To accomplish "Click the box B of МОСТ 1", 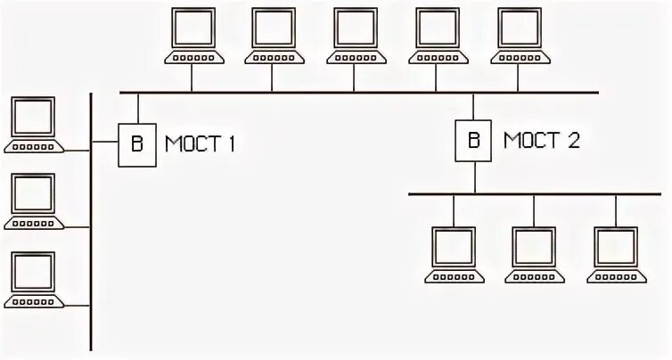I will pos(136,143).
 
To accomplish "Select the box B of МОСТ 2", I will pos(473,139).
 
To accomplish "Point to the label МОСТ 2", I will pos(542,139).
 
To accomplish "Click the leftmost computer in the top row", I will pos(192,37).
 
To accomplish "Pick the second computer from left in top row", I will pos(274,37).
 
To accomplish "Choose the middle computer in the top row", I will pos(355,37).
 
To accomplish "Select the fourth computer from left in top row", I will pos(437,37).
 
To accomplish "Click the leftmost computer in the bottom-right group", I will pos(454,254).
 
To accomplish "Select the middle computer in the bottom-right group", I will pos(535,254).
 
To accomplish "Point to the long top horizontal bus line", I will pos(356,92).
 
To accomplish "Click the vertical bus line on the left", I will pos(91,223).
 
